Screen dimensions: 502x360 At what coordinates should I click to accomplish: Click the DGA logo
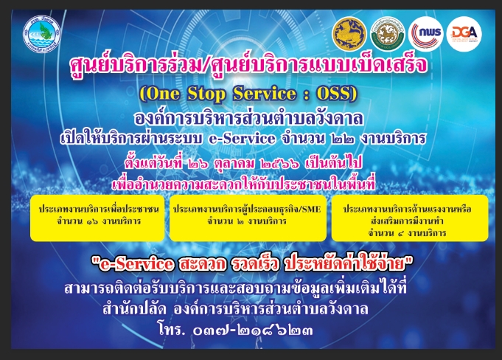pos(464,34)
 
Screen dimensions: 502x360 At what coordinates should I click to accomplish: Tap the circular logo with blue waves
pos(41,34)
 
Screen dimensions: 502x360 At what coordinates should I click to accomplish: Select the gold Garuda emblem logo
pos(349,34)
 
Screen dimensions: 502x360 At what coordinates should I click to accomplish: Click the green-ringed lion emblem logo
pos(388,34)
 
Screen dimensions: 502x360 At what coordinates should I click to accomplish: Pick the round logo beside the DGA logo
pos(425,34)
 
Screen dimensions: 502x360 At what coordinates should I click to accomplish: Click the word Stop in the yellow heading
pos(206,94)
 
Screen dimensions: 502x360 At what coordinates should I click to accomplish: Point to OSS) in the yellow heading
pos(336,94)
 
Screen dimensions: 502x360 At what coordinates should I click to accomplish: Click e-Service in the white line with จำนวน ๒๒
pos(242,139)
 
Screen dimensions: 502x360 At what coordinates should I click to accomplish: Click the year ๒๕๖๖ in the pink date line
pos(280,164)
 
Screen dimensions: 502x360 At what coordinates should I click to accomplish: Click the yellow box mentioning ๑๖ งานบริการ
pos(97,218)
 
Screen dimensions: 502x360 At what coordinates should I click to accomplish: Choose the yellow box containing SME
pos(248,218)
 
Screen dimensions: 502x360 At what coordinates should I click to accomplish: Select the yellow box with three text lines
pos(410,218)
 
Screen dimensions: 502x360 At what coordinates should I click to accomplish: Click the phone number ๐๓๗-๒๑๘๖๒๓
pos(253,330)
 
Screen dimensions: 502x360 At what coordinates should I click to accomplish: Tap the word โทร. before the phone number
pos(171,330)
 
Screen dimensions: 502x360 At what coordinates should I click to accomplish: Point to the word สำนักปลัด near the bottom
pos(134,309)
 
